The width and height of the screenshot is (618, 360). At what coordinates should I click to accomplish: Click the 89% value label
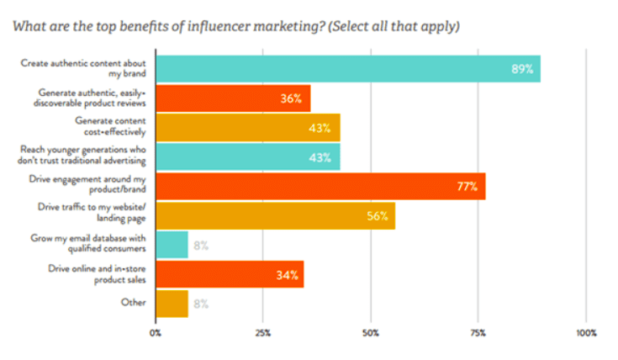point(522,69)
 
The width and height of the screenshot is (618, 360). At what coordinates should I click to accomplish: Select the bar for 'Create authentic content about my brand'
point(347,69)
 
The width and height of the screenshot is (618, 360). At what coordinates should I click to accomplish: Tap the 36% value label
point(292,98)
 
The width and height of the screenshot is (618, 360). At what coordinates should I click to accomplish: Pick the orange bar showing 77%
point(320,186)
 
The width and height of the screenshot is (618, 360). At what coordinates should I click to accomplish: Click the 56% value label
point(377,216)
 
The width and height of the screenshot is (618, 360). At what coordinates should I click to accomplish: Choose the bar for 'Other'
point(172,303)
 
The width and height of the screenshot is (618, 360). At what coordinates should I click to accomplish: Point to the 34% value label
point(286,274)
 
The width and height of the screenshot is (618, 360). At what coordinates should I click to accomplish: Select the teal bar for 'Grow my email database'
point(172,245)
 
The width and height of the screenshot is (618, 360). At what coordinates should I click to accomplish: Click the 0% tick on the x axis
point(156,334)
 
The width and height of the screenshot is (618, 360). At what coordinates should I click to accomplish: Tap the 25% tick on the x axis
point(263,334)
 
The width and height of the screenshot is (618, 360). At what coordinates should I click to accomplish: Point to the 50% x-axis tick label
point(371,334)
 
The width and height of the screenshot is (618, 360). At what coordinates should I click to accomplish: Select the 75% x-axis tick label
point(478,334)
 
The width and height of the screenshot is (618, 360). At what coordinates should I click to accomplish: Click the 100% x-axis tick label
point(586,334)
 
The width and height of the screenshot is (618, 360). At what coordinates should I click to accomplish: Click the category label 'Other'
point(134,302)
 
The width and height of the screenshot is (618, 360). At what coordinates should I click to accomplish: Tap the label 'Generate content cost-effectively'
point(111,127)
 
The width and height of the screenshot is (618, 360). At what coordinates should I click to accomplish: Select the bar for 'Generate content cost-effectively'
point(247,128)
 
